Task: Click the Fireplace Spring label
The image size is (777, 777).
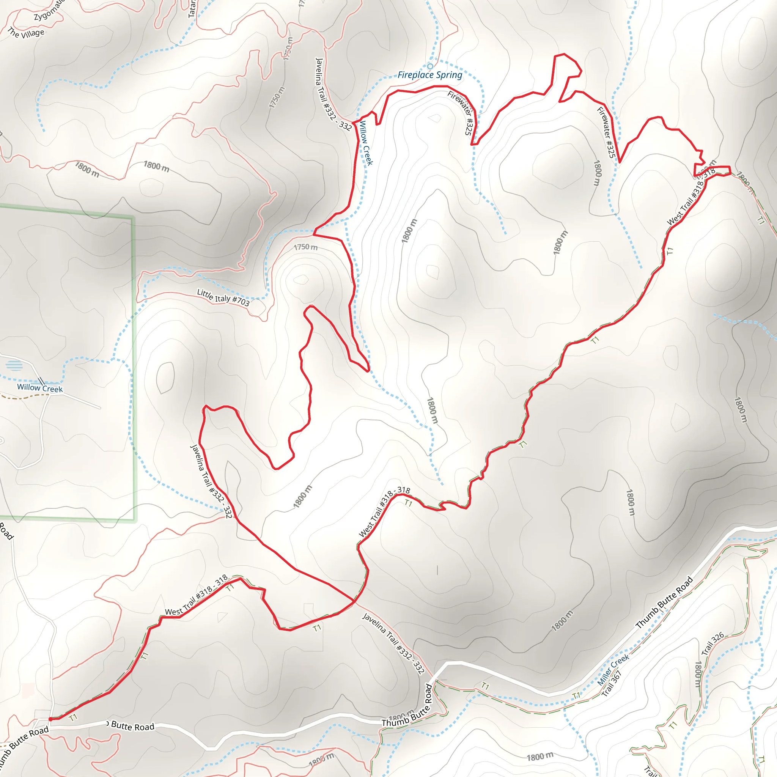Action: click(x=429, y=75)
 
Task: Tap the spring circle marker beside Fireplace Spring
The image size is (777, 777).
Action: click(x=430, y=66)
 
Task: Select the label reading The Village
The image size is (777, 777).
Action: click(x=26, y=33)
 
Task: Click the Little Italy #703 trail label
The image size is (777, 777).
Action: click(x=223, y=297)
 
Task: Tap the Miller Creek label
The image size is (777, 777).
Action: click(x=613, y=670)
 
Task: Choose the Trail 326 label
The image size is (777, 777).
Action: click(x=712, y=643)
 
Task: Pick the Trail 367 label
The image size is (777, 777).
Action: click(x=612, y=683)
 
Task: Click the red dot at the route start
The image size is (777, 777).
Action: click(x=50, y=719)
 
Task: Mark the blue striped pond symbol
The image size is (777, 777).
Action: click(x=15, y=365)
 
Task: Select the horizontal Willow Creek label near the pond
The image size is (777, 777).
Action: click(x=40, y=388)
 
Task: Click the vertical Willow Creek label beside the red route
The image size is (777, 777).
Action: click(x=366, y=143)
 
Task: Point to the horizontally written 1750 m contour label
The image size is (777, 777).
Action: click(x=305, y=247)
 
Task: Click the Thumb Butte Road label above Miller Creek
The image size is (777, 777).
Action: click(x=664, y=602)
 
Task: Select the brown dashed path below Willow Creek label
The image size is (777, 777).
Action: click(x=24, y=396)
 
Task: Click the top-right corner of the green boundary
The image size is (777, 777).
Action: click(x=133, y=218)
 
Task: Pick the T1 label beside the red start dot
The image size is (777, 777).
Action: click(x=73, y=717)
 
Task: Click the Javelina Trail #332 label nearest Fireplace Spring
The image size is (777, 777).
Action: click(x=333, y=95)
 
